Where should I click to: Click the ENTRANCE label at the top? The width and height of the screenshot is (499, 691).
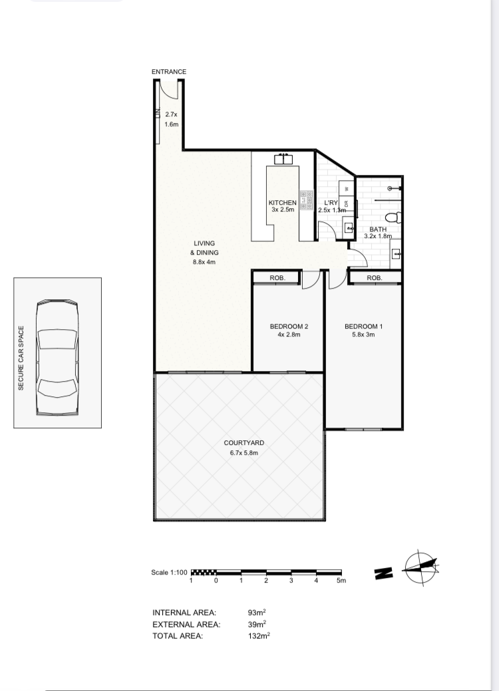pos(169,72)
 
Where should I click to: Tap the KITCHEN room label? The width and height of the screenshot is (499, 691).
pos(283,203)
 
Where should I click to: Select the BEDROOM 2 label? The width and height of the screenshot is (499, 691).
pos(289,327)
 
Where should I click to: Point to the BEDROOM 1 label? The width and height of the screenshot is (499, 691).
pos(364,327)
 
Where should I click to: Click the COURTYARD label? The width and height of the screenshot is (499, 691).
pos(244,443)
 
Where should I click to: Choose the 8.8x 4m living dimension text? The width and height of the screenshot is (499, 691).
pos(204,262)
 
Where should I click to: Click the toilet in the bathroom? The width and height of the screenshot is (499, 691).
pos(393,217)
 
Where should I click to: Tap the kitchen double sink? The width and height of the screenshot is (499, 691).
pos(283,159)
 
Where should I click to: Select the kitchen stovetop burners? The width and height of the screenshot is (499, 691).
pos(305,200)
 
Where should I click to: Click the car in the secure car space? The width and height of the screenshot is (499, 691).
pos(58,357)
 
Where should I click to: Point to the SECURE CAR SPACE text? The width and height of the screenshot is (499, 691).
pos(21,358)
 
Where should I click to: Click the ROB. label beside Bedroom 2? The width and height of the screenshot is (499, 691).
pos(277,278)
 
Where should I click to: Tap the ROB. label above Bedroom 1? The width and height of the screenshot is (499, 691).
pos(374,278)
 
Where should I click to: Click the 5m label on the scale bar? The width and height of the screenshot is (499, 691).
pos(341,581)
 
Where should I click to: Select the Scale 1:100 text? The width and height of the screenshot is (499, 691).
pos(169,573)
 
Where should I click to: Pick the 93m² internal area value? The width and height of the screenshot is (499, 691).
pos(257,613)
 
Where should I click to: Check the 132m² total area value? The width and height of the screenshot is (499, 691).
pos(259,636)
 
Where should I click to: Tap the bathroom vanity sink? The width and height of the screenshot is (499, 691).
pos(396,254)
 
